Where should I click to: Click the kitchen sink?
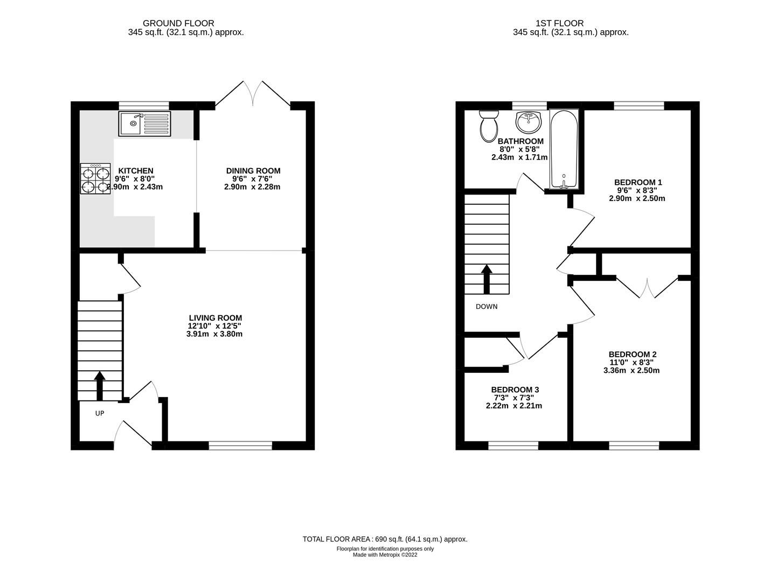[144, 124]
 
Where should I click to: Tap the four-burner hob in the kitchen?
[95, 179]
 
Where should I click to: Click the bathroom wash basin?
[529, 122]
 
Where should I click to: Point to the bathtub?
[563, 149]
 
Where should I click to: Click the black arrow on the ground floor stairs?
[100, 385]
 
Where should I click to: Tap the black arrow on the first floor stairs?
[487, 278]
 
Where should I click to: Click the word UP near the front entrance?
[100, 413]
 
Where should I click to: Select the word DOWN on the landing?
[487, 307]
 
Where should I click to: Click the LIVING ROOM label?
[215, 318]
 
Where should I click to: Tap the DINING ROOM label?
[253, 171]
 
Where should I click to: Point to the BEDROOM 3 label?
[515, 390]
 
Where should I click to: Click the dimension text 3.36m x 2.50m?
[631, 370]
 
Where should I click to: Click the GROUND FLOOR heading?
[178, 23]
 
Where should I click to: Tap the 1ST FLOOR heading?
[559, 23]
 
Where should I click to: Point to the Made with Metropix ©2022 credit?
[385, 554]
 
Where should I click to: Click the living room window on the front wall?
[240, 445]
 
